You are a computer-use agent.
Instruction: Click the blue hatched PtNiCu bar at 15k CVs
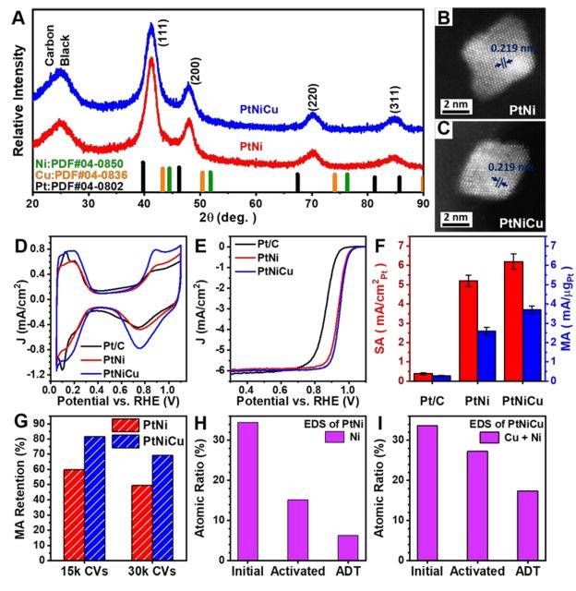click(x=94, y=501)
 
